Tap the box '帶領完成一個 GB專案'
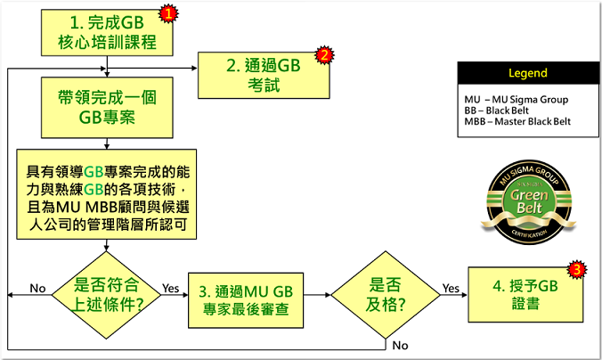click(107, 106)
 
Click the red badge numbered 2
click(325, 56)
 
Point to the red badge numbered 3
click(577, 269)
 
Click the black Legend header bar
click(527, 73)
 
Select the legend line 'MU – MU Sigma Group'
click(517, 100)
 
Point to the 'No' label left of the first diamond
click(37, 289)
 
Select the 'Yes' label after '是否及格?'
click(451, 289)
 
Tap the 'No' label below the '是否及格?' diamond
click(401, 345)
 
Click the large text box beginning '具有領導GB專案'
click(107, 191)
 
